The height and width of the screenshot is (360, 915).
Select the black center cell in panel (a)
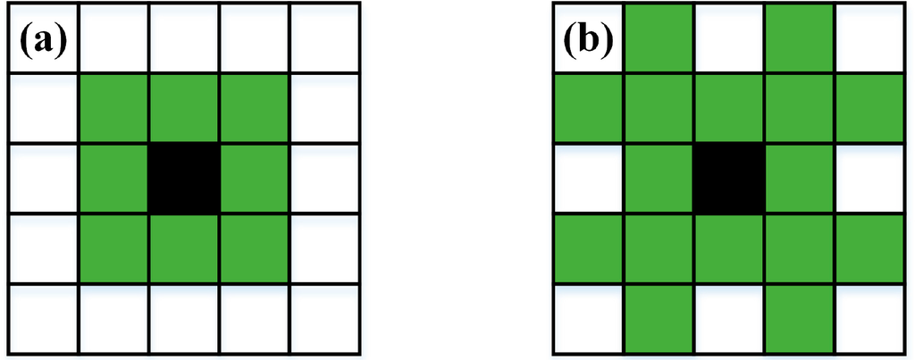[183, 178]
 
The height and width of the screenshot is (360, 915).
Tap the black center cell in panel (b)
[728, 178]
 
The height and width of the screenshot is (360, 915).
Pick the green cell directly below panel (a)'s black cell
[183, 247]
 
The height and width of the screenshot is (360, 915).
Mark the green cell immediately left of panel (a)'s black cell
[113, 178]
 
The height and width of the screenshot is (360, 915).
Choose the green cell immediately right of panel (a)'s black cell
[253, 178]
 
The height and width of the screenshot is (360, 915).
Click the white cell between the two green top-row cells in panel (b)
[728, 39]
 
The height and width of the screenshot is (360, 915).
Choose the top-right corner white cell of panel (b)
[869, 39]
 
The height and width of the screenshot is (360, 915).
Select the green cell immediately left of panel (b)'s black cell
[659, 178]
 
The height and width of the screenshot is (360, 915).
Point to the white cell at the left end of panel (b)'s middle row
[589, 178]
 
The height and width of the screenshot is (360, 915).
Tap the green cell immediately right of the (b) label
[659, 39]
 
